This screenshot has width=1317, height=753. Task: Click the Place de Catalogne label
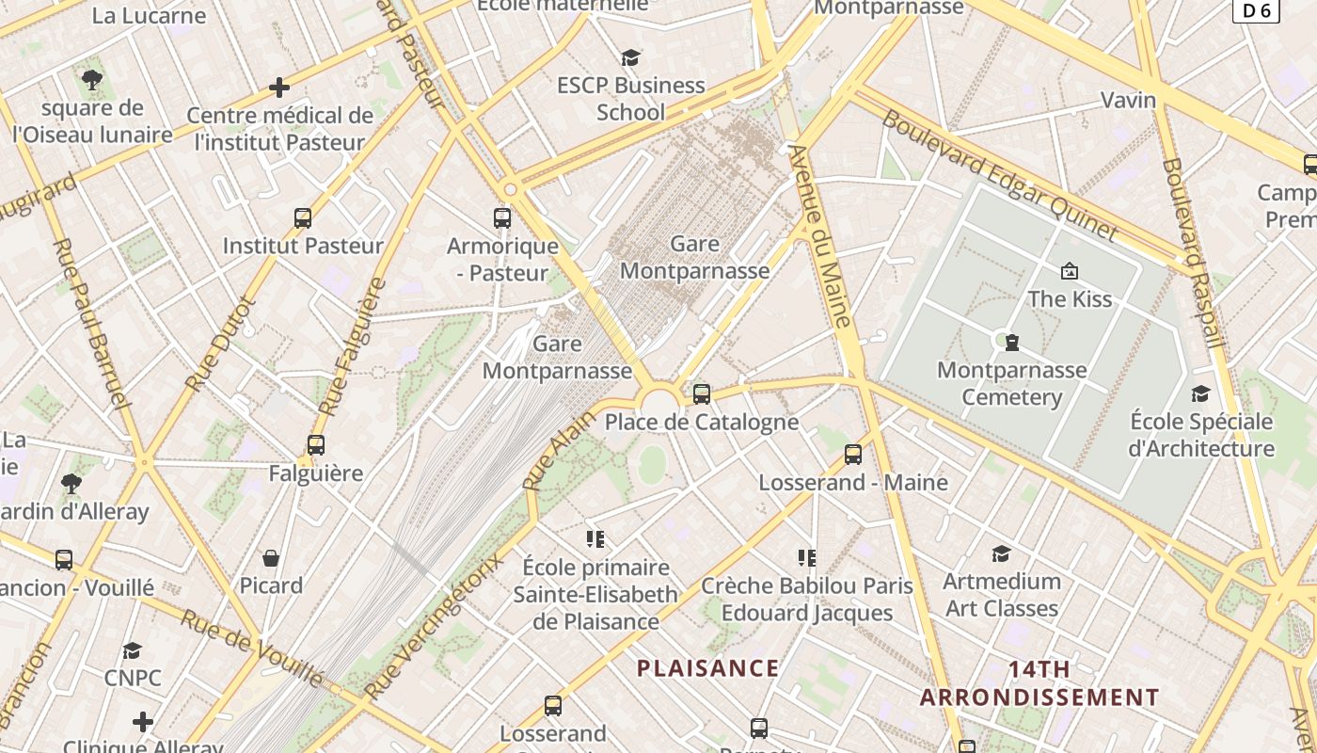click(701, 423)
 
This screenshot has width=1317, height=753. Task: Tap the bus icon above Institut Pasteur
click(302, 218)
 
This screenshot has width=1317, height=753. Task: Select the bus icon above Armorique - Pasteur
click(502, 218)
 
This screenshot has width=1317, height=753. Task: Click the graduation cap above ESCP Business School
click(630, 58)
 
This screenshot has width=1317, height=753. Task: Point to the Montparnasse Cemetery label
click(1011, 383)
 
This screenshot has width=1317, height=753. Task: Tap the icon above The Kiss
click(1069, 272)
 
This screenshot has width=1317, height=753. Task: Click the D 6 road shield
click(1256, 10)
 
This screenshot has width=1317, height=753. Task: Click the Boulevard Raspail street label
click(1192, 251)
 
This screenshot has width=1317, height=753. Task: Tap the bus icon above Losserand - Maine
click(853, 455)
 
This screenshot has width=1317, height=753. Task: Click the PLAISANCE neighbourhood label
click(707, 668)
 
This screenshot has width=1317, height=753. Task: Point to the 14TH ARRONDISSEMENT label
click(1039, 683)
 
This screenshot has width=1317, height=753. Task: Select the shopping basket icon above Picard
click(271, 558)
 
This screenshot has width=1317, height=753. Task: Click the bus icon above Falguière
click(316, 445)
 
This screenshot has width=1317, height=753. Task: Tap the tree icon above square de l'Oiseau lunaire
click(91, 80)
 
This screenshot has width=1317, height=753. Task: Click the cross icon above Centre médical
click(279, 88)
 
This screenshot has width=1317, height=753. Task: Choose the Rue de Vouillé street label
click(251, 649)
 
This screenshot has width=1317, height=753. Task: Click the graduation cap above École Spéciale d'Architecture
click(1200, 393)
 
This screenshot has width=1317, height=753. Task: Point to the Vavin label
click(1128, 100)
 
